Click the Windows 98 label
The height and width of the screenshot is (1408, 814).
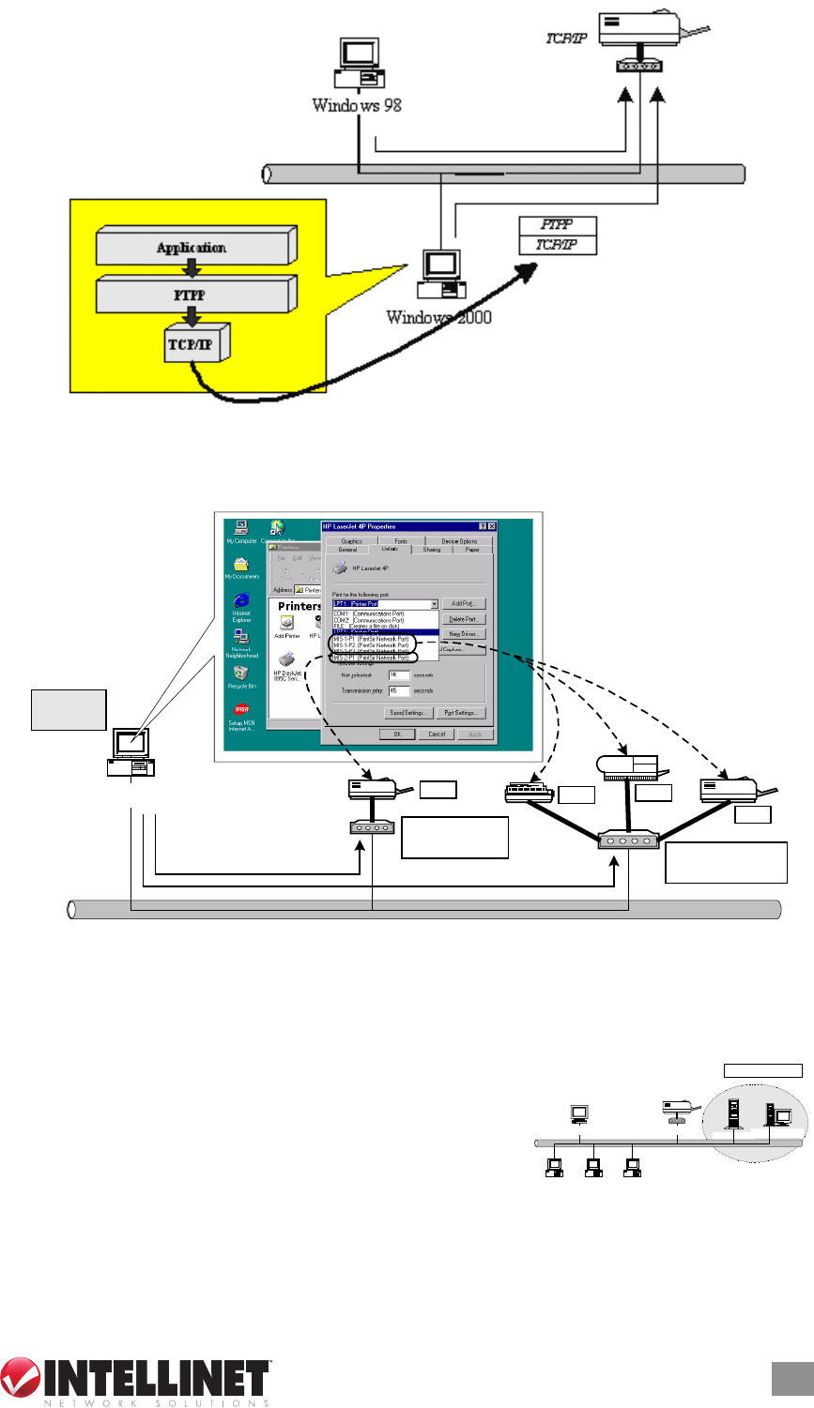coord(357,105)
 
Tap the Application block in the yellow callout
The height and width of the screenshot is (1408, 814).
coord(192,248)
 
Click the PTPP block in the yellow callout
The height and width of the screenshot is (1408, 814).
coord(192,295)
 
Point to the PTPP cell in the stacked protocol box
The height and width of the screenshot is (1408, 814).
coord(557,225)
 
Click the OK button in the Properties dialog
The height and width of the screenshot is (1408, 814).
coord(397,734)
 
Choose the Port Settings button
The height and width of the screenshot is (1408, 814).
coord(460,714)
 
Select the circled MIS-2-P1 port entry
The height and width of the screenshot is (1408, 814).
coord(372,658)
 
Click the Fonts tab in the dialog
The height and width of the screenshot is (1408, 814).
coord(400,541)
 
